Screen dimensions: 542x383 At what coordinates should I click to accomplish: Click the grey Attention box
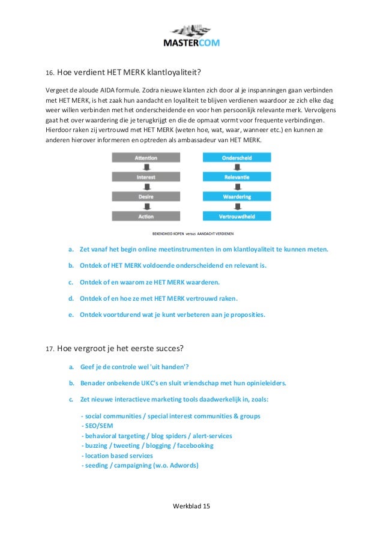coord(146,158)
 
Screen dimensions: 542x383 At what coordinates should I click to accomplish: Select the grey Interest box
coord(146,177)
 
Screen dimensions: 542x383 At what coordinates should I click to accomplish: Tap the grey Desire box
coord(146,196)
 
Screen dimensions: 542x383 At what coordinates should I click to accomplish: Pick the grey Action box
coord(146,216)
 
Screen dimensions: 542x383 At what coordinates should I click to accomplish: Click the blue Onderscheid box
coord(237,158)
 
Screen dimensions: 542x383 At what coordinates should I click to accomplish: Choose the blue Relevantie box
coord(237,177)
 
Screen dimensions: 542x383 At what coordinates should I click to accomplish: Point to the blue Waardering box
coord(237,196)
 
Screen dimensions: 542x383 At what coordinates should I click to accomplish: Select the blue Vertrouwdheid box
coord(237,216)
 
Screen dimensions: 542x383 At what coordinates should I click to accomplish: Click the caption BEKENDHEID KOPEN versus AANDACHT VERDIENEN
coord(191,233)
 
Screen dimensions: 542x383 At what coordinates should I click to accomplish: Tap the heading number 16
coord(50,74)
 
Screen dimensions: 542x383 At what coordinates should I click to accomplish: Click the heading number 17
coord(50,348)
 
